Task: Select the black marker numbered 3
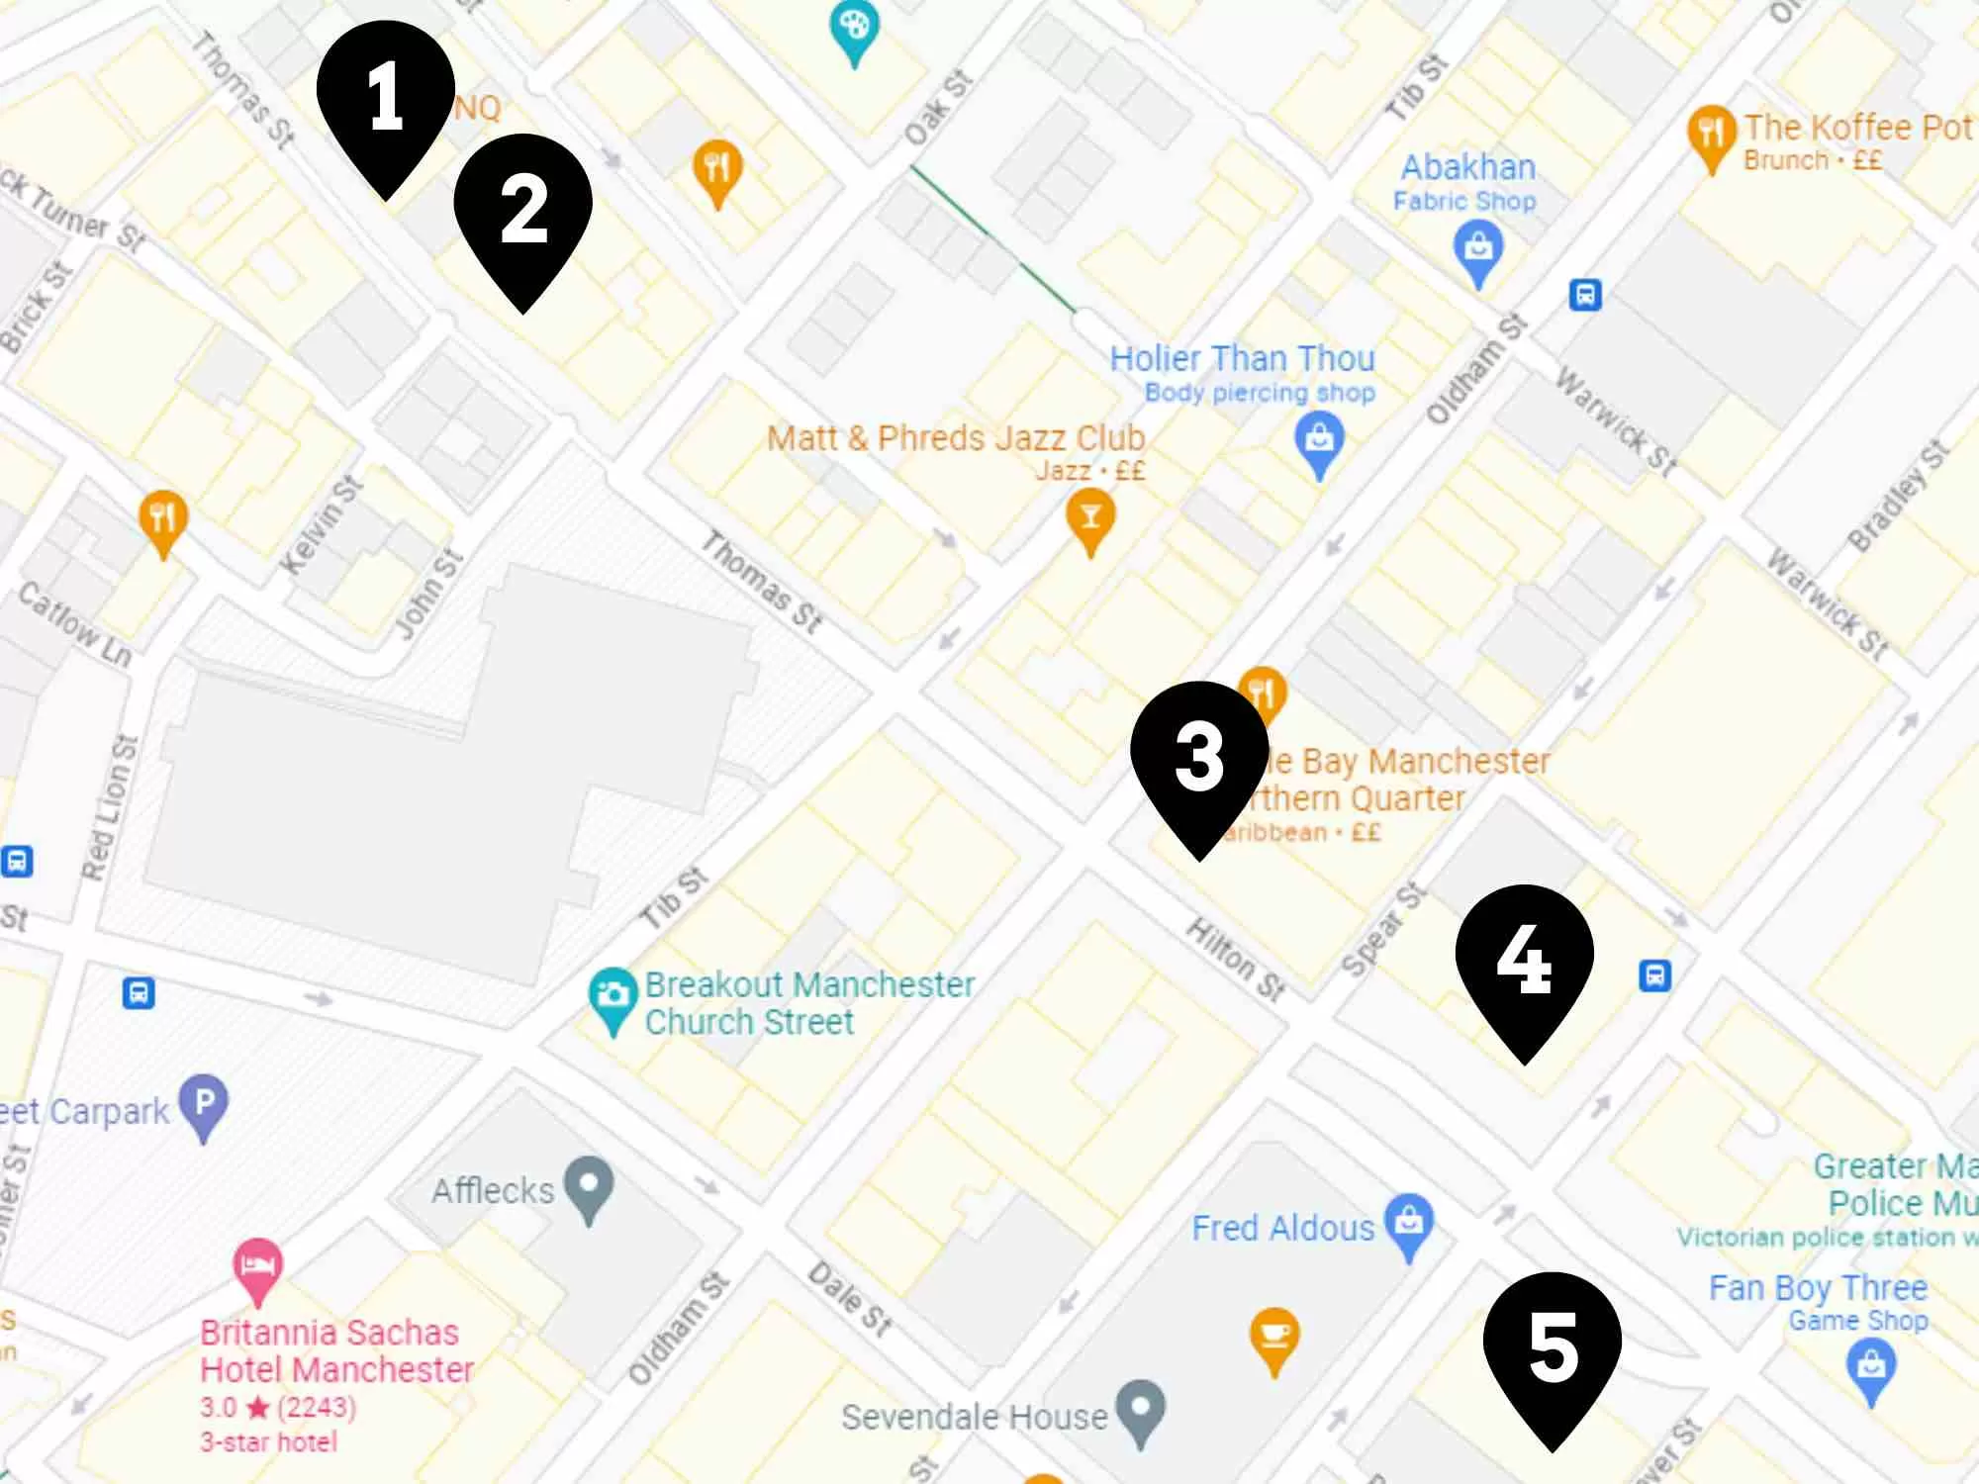coord(1199,757)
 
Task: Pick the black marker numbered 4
coord(1524,960)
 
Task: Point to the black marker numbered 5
coord(1552,1347)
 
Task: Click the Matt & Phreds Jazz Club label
coord(956,438)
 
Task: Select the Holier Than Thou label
coord(1242,358)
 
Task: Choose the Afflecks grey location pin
coord(589,1184)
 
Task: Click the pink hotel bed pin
coord(257,1265)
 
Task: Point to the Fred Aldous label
coord(1282,1228)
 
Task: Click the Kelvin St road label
coord(323,524)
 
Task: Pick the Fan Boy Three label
coord(1818,1288)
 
